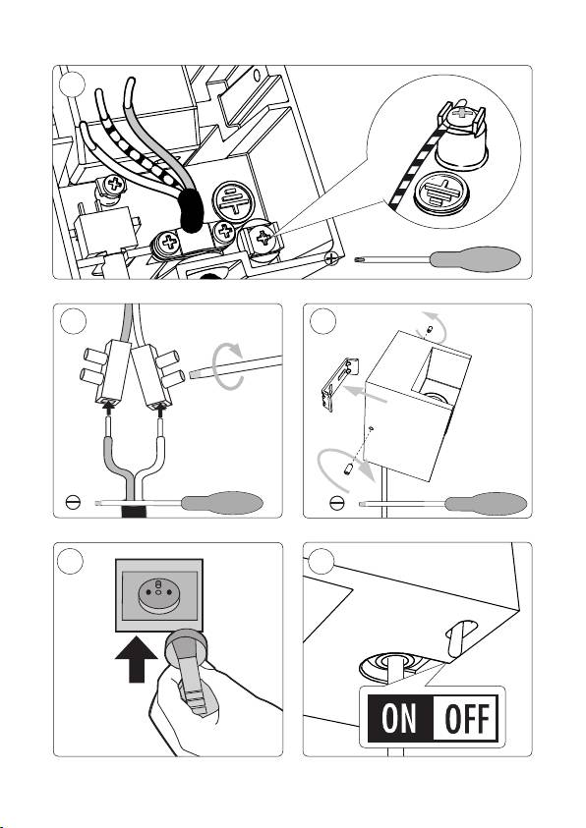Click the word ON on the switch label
pyautogui.click(x=399, y=718)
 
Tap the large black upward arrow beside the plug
pyautogui.click(x=137, y=659)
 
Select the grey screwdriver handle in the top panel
pyautogui.click(x=475, y=259)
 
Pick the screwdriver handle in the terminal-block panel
pyautogui.click(x=222, y=503)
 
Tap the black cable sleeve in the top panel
pyautogui.click(x=190, y=211)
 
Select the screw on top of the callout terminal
pyautogui.click(x=461, y=112)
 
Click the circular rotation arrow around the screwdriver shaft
pyautogui.click(x=228, y=365)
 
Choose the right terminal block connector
pyautogui.click(x=158, y=377)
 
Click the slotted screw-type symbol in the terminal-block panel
pyautogui.click(x=73, y=502)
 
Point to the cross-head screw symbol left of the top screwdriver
pyautogui.click(x=331, y=258)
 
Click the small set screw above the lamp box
pyautogui.click(x=429, y=330)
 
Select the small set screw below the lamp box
pyautogui.click(x=348, y=469)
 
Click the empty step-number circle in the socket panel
pyautogui.click(x=70, y=561)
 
